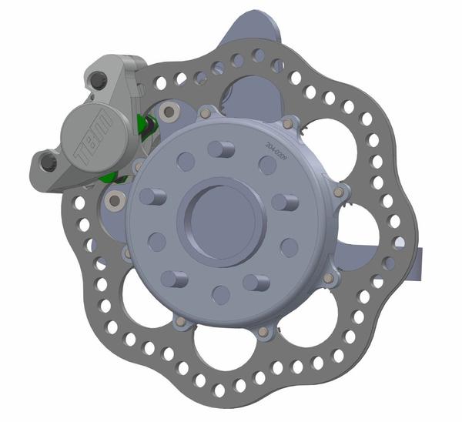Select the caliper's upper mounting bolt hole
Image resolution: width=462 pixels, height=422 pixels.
tap(99, 80)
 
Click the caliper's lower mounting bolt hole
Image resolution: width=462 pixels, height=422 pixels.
tap(49, 162)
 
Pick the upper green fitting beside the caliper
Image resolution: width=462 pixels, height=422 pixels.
tap(142, 123)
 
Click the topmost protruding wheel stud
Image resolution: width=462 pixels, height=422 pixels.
tap(221, 149)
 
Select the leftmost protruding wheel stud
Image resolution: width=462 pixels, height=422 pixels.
tap(150, 196)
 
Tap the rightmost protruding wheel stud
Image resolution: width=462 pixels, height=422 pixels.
tap(285, 203)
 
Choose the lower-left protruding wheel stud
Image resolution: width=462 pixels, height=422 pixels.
tap(173, 278)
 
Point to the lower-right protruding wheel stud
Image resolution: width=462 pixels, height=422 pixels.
tap(256, 282)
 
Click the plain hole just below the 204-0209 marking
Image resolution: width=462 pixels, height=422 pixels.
tap(267, 165)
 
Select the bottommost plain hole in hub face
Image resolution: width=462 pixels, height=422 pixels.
tap(221, 294)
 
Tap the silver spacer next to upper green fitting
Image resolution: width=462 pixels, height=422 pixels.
tap(167, 113)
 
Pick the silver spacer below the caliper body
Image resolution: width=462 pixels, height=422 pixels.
tap(115, 201)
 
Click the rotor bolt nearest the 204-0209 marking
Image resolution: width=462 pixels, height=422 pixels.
tap(288, 123)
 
